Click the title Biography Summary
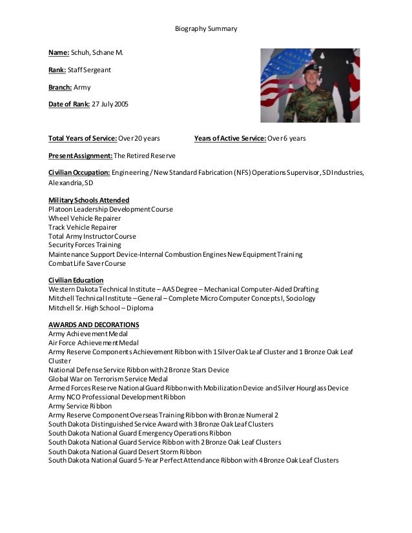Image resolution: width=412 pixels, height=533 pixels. tap(206, 28)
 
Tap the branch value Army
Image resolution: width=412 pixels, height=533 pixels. tap(83, 86)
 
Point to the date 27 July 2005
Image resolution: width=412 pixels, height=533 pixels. tap(110, 104)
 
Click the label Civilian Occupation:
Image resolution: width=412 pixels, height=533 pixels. tap(79, 173)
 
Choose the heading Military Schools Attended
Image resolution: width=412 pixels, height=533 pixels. tap(88, 200)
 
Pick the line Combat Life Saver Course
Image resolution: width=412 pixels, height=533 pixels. tap(87, 263)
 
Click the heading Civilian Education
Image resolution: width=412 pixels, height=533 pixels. tap(76, 280)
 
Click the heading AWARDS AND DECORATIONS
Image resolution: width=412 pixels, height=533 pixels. tap(94, 325)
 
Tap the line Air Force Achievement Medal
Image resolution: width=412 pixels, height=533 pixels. tap(94, 343)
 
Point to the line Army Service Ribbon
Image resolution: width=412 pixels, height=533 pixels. tap(80, 406)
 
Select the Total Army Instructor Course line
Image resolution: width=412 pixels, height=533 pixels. tap(92, 236)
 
